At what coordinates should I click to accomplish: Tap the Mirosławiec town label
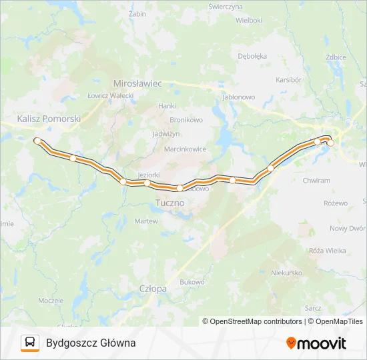click(x=138, y=84)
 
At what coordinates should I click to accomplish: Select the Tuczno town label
click(x=170, y=201)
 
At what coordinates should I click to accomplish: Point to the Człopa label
click(x=153, y=289)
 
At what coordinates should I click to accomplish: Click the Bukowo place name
click(x=192, y=282)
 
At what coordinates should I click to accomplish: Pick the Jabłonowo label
click(x=238, y=97)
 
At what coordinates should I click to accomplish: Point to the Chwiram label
click(x=316, y=180)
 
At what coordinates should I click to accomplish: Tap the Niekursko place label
click(x=288, y=273)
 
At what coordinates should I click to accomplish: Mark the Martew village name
click(x=146, y=221)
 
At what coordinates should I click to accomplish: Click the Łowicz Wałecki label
click(x=111, y=96)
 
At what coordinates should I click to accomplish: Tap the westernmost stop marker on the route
click(x=37, y=141)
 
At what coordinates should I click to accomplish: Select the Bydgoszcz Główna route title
click(x=91, y=343)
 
